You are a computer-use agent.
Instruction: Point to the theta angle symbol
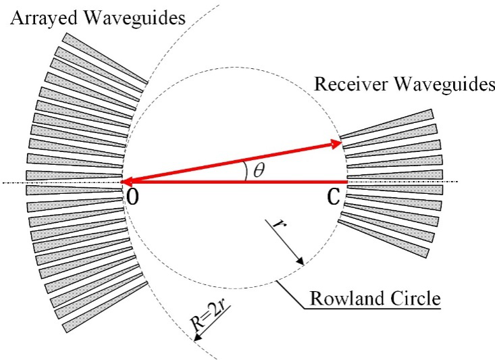point(258,171)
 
